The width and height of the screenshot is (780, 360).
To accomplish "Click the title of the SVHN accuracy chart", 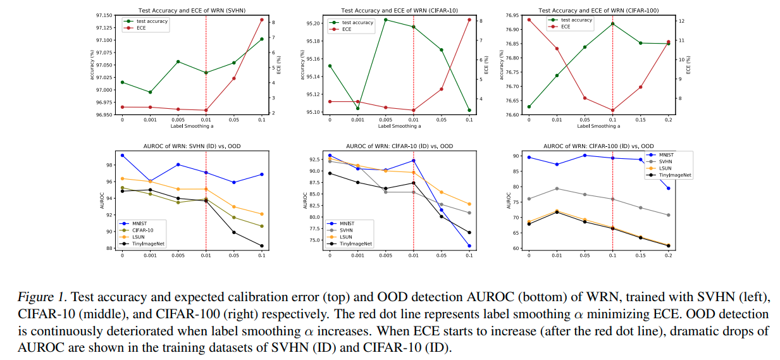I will (192, 10).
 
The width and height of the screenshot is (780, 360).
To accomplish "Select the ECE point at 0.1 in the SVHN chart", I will (262, 20).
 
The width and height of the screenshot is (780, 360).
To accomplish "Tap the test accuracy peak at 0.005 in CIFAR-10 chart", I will (386, 20).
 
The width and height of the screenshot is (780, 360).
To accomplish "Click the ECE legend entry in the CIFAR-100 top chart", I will (565, 27).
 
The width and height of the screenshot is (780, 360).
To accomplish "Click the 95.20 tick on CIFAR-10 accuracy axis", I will (313, 23).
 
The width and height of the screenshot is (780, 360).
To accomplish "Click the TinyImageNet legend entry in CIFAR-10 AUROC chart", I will (354, 244).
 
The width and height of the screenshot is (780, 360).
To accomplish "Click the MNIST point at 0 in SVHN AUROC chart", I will (122, 155).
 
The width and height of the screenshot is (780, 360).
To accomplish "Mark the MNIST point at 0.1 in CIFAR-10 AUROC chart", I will (469, 246).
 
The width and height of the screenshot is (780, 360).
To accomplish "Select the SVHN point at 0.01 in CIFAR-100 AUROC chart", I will (556, 189).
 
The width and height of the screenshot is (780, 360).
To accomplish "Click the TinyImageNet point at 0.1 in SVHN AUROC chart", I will (262, 246).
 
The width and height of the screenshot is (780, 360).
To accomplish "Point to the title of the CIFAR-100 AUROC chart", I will (598, 146).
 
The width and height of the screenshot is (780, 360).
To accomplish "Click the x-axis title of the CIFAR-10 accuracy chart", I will (399, 126).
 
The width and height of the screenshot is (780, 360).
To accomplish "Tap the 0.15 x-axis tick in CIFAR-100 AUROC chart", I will (640, 256).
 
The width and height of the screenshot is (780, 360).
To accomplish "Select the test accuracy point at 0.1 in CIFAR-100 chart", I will (612, 23).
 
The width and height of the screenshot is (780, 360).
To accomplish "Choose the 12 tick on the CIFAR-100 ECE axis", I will (681, 21).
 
